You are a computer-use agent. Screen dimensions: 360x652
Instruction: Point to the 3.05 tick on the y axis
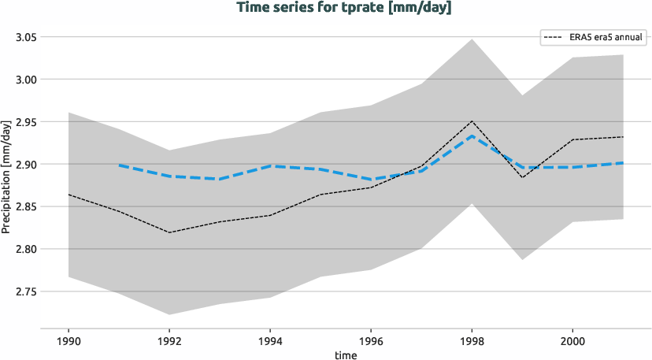pyautogui.click(x=24, y=37)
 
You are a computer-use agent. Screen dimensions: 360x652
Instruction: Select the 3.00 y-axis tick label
pyautogui.click(x=24, y=80)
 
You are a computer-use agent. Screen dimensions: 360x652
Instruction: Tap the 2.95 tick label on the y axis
pyautogui.click(x=24, y=122)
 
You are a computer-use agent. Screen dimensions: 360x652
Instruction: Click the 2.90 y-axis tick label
pyautogui.click(x=24, y=165)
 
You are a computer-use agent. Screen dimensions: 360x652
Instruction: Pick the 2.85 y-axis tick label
pyautogui.click(x=24, y=207)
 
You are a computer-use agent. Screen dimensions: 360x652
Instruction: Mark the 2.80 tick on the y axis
pyautogui.click(x=24, y=250)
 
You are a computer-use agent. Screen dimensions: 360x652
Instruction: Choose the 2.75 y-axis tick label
pyautogui.click(x=24, y=292)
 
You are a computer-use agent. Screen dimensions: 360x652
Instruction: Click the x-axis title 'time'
pyautogui.click(x=345, y=355)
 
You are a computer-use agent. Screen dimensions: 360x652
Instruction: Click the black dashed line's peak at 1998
pyautogui.click(x=472, y=121)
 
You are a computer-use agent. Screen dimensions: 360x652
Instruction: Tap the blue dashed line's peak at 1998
pyautogui.click(x=472, y=136)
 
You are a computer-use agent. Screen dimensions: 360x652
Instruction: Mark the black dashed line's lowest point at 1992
pyautogui.click(x=169, y=232)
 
